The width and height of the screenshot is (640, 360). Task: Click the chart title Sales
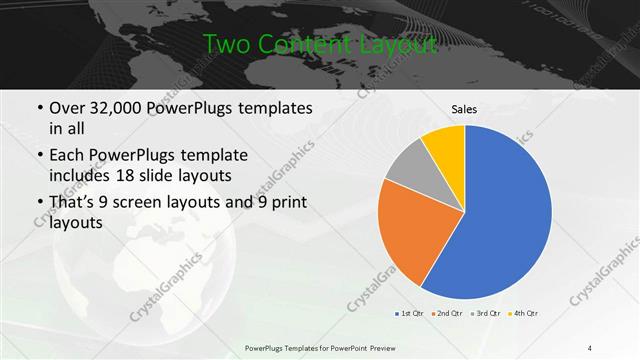click(464, 108)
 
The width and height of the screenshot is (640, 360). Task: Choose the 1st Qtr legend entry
click(409, 314)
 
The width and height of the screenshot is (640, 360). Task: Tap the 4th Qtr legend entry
click(523, 314)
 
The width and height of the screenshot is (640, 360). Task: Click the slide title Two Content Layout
click(320, 44)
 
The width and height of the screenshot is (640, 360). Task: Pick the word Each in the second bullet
click(66, 156)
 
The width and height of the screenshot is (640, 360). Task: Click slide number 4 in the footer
click(590, 347)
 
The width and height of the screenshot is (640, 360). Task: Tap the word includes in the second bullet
click(81, 177)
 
